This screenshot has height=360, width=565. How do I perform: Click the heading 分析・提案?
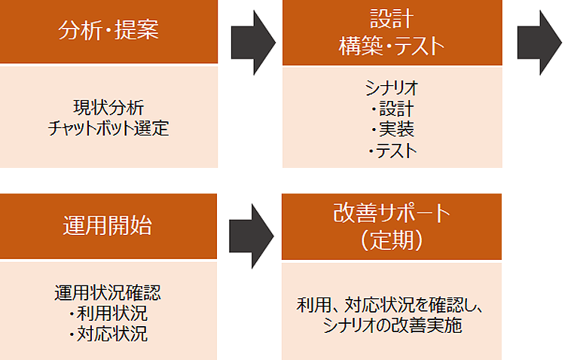(108, 32)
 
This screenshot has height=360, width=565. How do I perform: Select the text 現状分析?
(108, 105)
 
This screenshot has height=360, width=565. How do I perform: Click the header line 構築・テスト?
(392, 46)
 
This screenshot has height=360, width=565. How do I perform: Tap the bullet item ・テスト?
(392, 151)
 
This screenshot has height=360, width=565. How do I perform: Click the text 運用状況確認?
(108, 292)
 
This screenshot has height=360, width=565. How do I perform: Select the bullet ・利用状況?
(108, 313)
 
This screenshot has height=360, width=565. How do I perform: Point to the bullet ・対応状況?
(108, 334)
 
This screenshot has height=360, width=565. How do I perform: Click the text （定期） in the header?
(392, 241)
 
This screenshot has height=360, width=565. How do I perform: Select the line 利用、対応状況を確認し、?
(392, 305)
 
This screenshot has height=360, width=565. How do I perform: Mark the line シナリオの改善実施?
(392, 325)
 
